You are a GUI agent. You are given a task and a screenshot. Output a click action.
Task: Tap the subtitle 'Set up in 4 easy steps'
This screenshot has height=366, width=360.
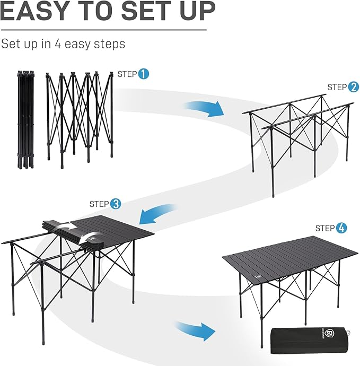tap(63, 43)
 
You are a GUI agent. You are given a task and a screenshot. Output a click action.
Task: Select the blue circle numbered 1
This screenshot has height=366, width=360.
tap(144, 74)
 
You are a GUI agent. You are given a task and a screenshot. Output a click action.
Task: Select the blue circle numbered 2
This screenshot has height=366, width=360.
tap(354, 87)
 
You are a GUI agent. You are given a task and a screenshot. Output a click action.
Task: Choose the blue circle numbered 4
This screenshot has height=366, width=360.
tap(342, 228)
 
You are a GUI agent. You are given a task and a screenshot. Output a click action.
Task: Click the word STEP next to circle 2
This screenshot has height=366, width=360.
tap(337, 87)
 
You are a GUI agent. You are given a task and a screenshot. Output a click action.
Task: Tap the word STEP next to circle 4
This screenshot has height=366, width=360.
tap(325, 228)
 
